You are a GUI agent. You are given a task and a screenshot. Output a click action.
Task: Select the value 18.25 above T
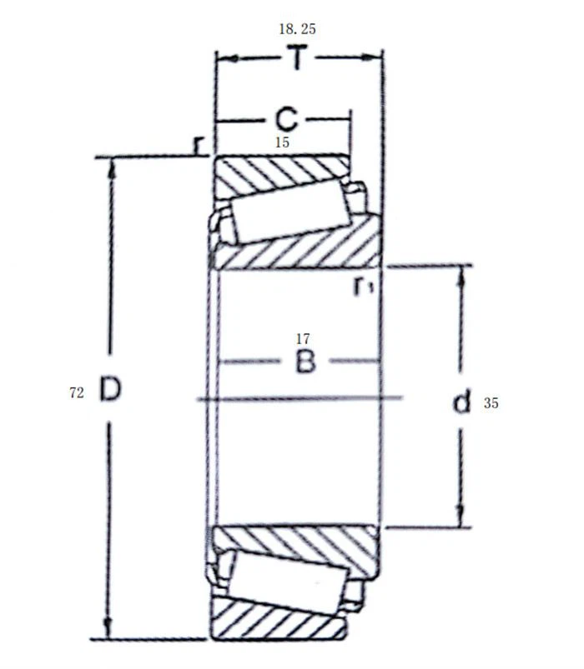pyautogui.click(x=297, y=29)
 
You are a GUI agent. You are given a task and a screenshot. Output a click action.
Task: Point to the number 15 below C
pyautogui.click(x=282, y=142)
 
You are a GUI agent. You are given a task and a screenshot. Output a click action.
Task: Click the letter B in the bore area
pyautogui.click(x=305, y=362)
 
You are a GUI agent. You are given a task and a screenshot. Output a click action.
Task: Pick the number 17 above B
pyautogui.click(x=303, y=338)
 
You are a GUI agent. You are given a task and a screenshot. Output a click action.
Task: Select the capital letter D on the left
pyautogui.click(x=110, y=389)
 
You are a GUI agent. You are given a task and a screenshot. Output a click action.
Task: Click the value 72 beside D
pyautogui.click(x=77, y=393)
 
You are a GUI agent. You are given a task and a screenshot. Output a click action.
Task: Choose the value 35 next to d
pyautogui.click(x=491, y=403)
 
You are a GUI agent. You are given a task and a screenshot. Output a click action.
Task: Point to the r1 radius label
pyautogui.click(x=363, y=287)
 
